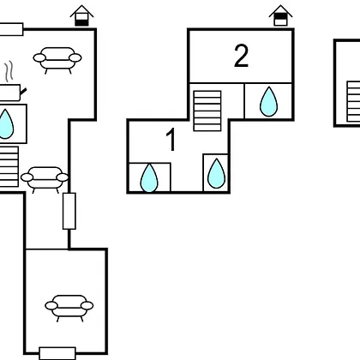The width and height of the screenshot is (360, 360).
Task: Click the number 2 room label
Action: click(x=241, y=57)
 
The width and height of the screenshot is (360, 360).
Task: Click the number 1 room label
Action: click(x=171, y=140)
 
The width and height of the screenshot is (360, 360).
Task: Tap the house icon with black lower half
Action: click(x=81, y=15)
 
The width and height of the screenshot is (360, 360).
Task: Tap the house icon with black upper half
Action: click(x=280, y=15)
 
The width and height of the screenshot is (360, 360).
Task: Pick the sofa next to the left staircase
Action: click(x=45, y=180)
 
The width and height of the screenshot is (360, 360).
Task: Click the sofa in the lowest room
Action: click(x=69, y=309)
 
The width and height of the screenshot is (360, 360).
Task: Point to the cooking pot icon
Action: click(x=10, y=93)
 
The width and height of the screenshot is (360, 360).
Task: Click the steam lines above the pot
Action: click(x=9, y=70)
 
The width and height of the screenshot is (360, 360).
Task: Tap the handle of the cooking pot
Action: click(x=23, y=92)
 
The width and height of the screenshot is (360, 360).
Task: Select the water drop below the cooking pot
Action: click(x=5, y=124)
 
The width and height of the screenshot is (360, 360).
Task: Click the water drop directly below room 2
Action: click(x=268, y=101)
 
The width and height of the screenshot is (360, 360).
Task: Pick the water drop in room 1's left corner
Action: click(x=149, y=177)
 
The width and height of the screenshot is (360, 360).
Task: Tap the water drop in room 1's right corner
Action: click(x=216, y=173)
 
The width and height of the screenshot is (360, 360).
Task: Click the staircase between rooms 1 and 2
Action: click(x=207, y=111)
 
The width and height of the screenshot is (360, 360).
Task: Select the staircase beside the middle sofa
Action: click(x=9, y=167)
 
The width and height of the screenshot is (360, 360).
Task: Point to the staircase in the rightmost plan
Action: click(x=353, y=102)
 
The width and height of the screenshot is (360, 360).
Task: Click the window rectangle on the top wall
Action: click(x=11, y=29)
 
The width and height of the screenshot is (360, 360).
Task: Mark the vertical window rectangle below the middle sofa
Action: click(x=69, y=211)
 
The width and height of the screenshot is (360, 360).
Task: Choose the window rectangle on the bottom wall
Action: click(x=57, y=353)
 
